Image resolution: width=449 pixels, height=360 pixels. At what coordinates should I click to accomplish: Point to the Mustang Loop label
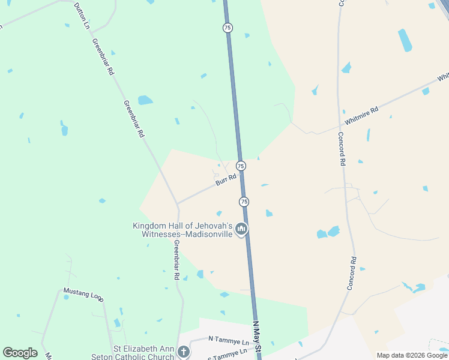click(x=83, y=293)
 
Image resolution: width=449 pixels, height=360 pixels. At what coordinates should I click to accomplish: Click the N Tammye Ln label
click(x=228, y=339)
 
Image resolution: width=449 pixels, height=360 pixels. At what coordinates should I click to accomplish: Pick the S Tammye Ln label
click(x=228, y=353)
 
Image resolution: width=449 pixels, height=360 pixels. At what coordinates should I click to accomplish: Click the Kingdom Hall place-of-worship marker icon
click(x=241, y=229)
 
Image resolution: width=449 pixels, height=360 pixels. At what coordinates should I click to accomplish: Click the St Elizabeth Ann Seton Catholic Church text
click(x=144, y=352)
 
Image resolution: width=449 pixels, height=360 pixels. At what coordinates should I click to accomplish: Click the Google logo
click(x=20, y=352)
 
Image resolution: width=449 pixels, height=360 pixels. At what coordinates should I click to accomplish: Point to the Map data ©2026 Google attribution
click(x=412, y=355)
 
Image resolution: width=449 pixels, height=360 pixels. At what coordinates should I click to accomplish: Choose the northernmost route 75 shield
click(x=227, y=28)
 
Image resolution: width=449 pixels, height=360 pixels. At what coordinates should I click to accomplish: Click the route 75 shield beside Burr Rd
click(x=241, y=166)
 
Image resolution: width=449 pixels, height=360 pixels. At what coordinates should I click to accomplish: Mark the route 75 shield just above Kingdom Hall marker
click(x=244, y=202)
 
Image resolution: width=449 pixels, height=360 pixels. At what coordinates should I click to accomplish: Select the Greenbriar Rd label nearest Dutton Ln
click(x=103, y=56)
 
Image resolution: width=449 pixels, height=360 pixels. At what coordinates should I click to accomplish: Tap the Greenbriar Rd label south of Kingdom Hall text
click(x=176, y=260)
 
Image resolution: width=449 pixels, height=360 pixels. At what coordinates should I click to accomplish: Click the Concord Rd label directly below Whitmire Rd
click(x=342, y=149)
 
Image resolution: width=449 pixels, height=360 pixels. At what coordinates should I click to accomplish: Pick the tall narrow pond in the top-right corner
click(x=405, y=40)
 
